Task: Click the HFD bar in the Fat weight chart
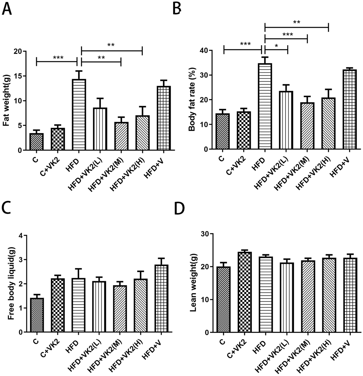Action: [79, 115]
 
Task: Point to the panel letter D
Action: [179, 209]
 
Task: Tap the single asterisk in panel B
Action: [276, 46]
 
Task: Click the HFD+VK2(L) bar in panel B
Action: [286, 120]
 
